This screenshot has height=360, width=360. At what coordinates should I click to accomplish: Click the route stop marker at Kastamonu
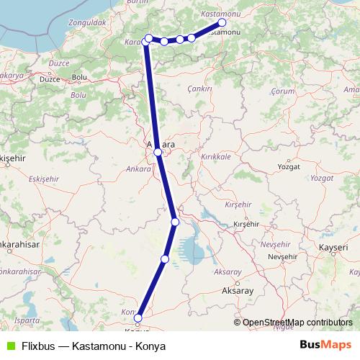[222, 22]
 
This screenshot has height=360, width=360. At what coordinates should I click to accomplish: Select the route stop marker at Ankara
[158, 153]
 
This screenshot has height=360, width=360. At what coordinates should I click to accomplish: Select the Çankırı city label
[198, 87]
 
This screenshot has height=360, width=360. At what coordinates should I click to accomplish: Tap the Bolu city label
[80, 76]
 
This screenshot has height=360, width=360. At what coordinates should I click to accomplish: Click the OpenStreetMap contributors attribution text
[297, 323]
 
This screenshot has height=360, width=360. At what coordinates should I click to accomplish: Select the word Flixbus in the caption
[35, 346]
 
